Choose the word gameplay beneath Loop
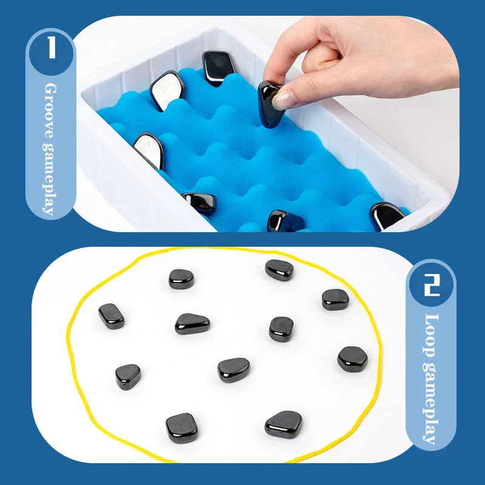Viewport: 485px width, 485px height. (x=431, y=403)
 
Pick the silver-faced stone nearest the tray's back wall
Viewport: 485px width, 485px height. (x=166, y=90)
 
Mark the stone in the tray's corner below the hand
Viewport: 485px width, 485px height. (x=387, y=215)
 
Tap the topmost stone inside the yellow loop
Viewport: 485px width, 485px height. (x=279, y=270)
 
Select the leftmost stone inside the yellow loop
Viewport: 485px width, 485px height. (x=112, y=316)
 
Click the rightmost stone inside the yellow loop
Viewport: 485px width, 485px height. (x=352, y=358)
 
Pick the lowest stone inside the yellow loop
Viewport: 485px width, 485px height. (x=181, y=427)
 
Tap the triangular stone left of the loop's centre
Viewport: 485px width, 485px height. (x=192, y=324)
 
